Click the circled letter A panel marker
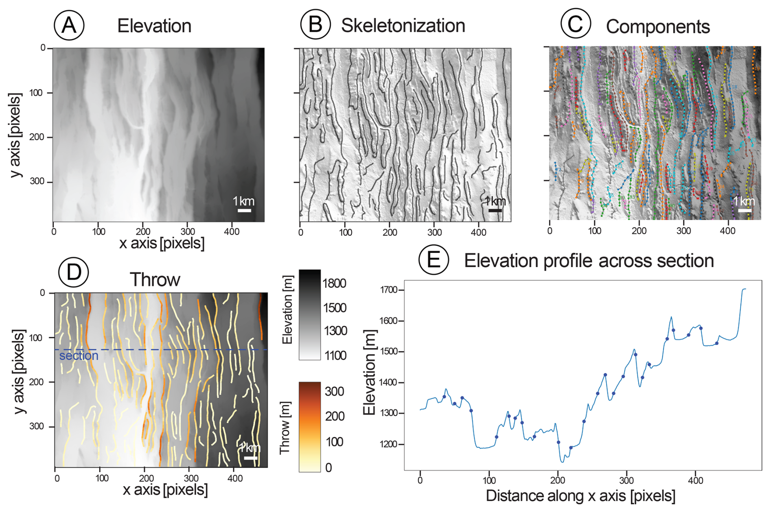point(69,25)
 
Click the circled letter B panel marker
point(315,24)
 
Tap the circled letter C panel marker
point(575,24)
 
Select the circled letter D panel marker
point(74,272)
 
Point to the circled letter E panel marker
point(433,259)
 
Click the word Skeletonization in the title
point(403,26)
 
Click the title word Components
point(658,27)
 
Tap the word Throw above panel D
point(155,280)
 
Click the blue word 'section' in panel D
point(79,356)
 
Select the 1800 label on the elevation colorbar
point(335,283)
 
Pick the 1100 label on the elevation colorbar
point(335,356)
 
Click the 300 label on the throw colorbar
point(335,391)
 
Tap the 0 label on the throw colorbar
point(328,468)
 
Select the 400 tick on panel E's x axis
point(695,481)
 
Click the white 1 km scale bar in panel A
point(244,210)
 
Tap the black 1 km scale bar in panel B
point(495,210)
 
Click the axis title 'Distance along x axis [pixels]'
point(580,496)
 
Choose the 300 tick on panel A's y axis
point(37,181)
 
